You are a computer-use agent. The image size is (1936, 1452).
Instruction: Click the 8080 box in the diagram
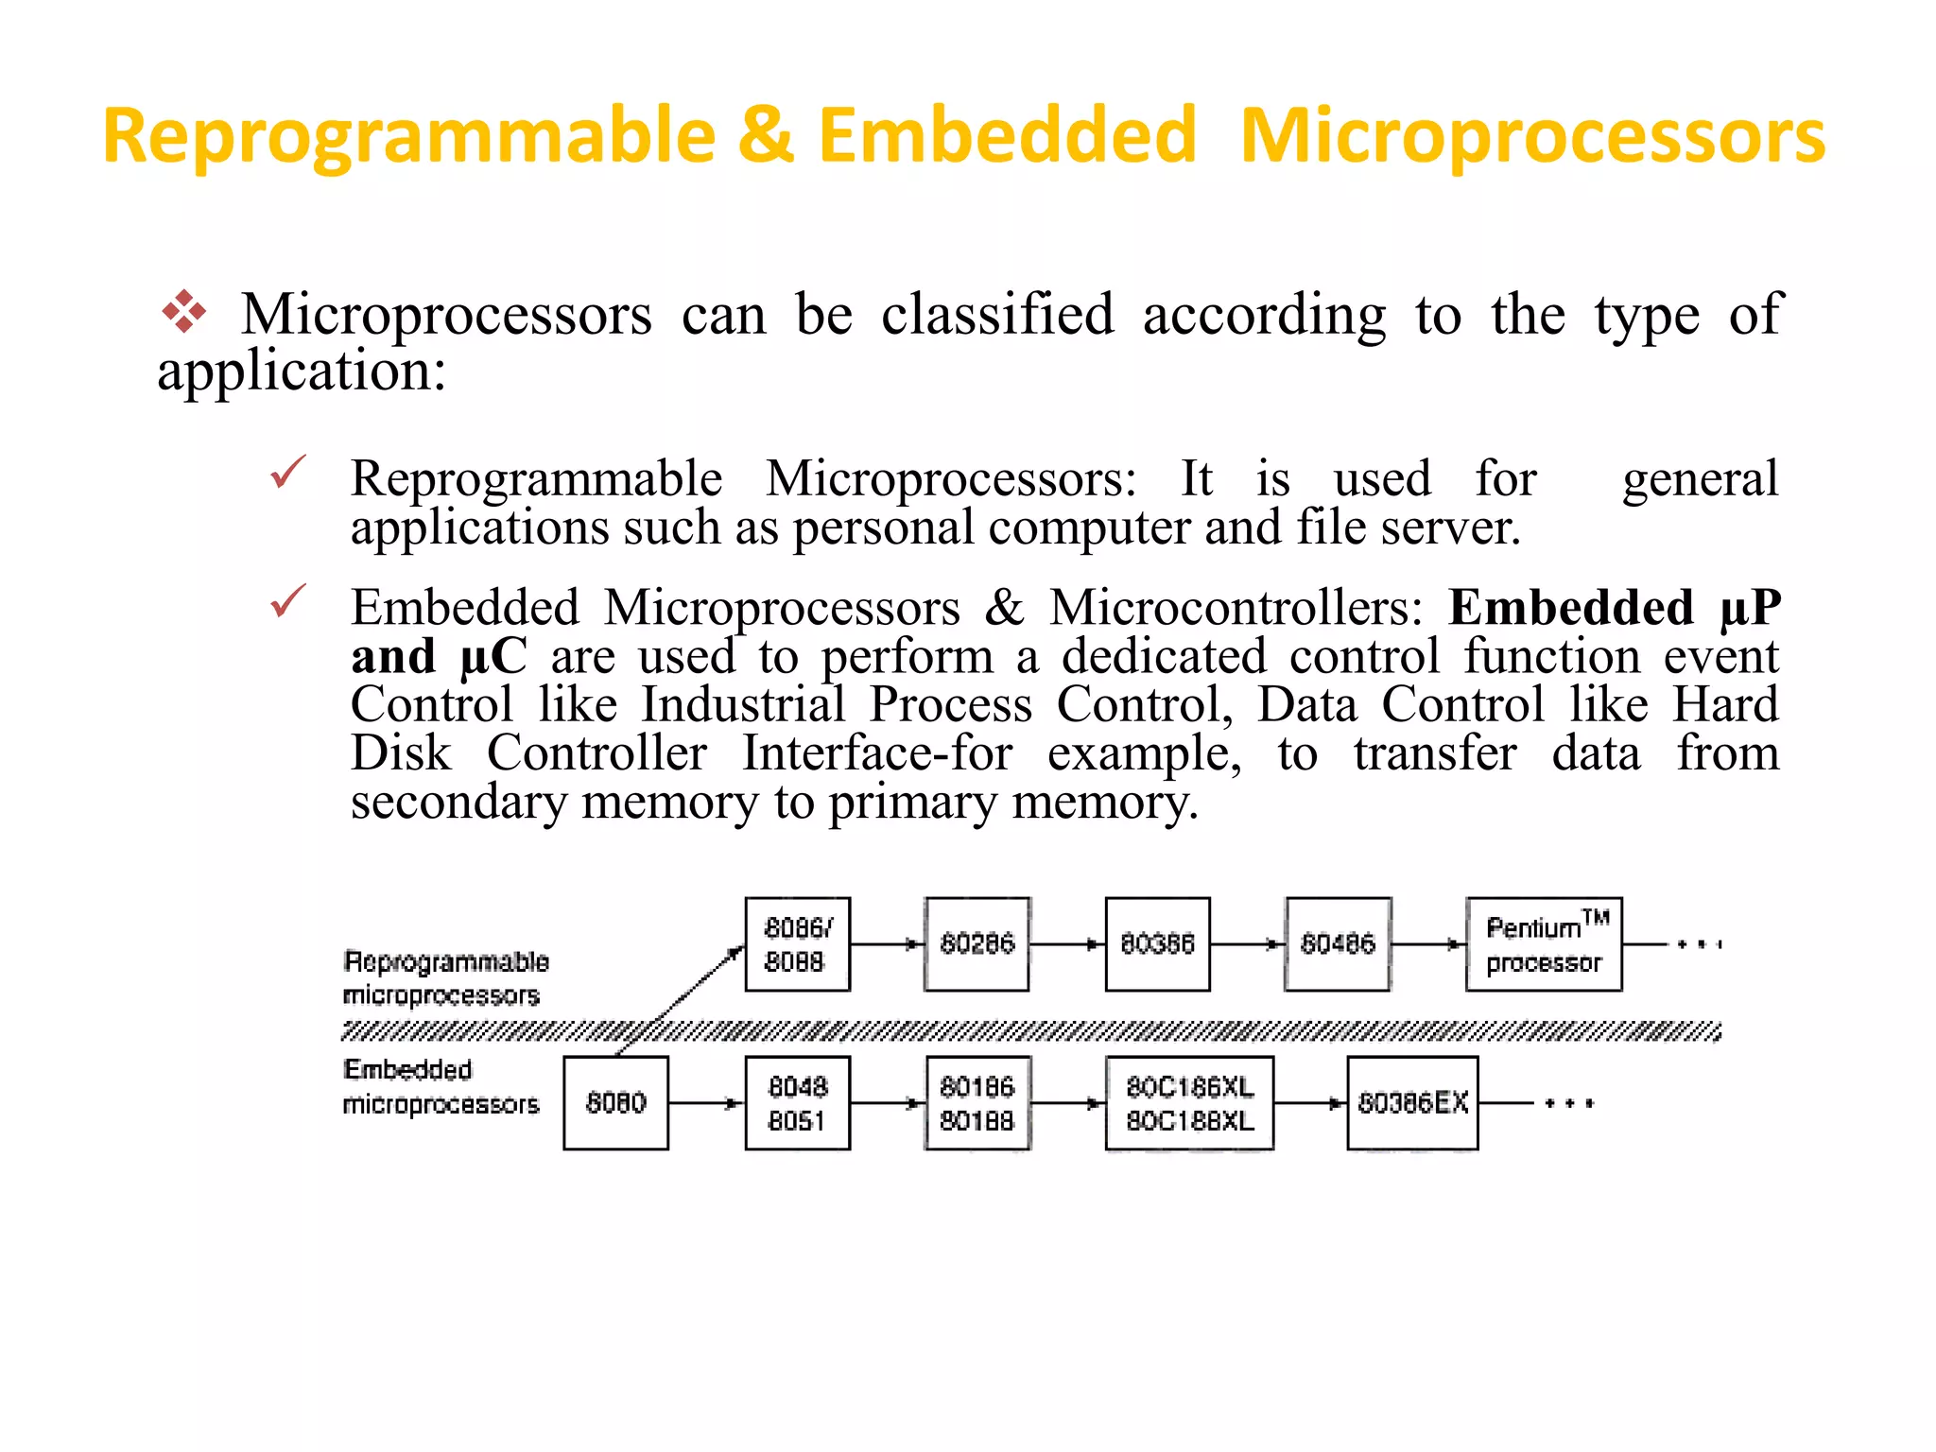(x=615, y=1102)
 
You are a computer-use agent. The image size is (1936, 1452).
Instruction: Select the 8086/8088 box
(x=797, y=943)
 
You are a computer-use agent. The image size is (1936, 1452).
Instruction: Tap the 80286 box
(x=977, y=943)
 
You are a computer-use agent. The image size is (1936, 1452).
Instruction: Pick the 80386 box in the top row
(x=1157, y=943)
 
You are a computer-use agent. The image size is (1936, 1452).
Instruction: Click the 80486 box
(x=1338, y=943)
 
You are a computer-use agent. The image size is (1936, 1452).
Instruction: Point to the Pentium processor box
(x=1544, y=943)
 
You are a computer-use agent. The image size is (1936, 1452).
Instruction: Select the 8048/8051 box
(x=797, y=1102)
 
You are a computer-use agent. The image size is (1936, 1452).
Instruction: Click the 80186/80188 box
(x=977, y=1102)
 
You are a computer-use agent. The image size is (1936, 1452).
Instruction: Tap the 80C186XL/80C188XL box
(x=1189, y=1102)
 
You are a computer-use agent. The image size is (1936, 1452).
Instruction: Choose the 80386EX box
(x=1412, y=1102)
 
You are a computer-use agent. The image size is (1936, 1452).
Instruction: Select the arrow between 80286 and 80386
(x=1067, y=943)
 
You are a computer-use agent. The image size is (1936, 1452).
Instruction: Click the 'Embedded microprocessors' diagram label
(x=440, y=1087)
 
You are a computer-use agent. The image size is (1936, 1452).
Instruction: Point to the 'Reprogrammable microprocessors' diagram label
(x=444, y=977)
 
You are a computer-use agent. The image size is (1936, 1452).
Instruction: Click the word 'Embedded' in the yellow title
(x=1008, y=135)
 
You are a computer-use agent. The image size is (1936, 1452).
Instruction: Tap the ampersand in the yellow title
(x=766, y=135)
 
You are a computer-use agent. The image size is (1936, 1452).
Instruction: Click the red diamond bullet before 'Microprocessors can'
(x=184, y=312)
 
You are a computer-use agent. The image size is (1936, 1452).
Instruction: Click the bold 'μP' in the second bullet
(x=1750, y=608)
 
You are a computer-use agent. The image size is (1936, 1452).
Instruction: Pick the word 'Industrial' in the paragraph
(x=743, y=704)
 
